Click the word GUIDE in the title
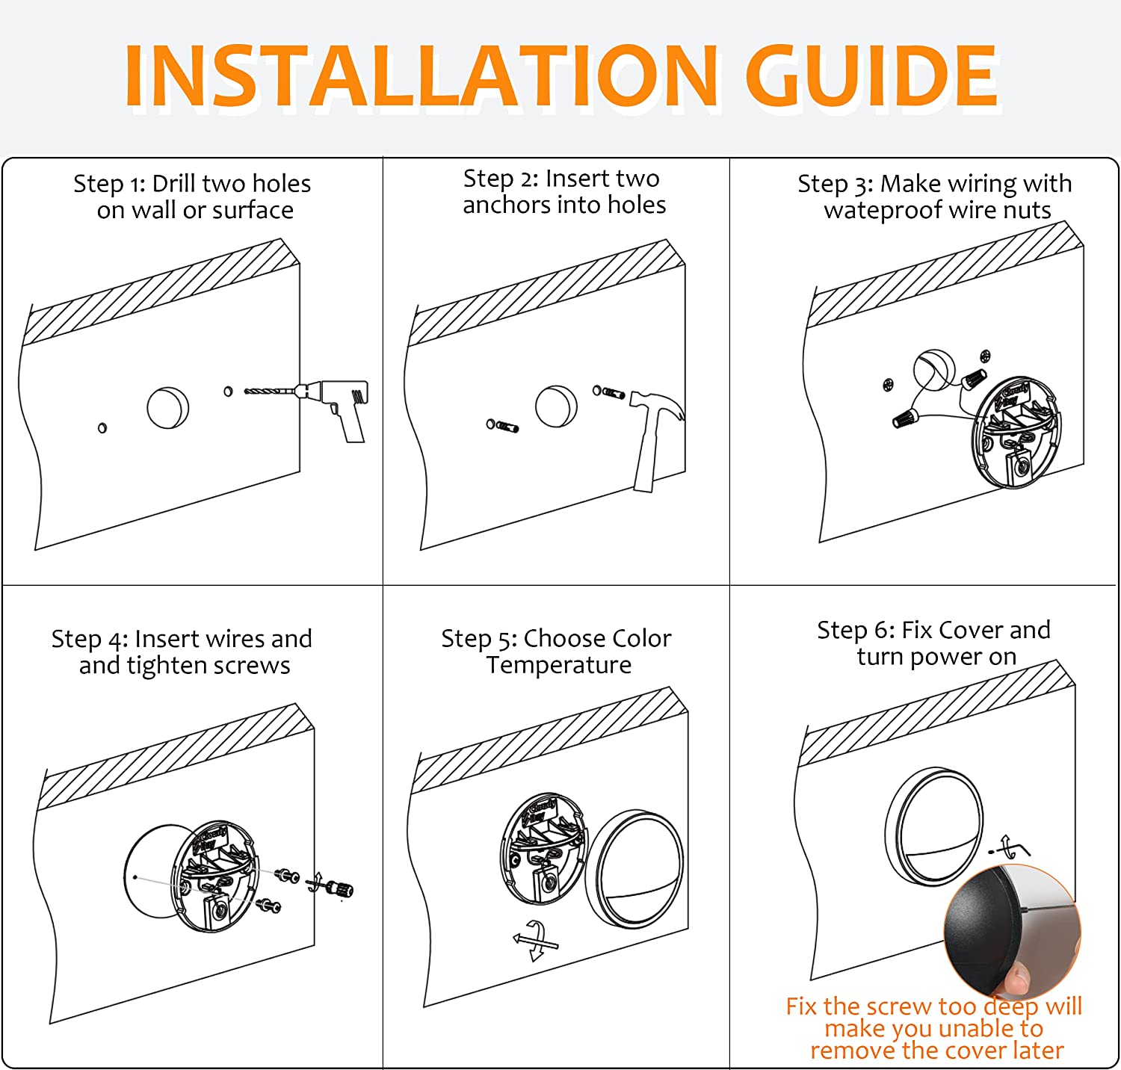pos(872,75)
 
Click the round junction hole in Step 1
pos(168,407)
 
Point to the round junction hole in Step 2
pos(557,406)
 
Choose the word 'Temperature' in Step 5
pos(559,664)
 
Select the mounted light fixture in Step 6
pos(934,826)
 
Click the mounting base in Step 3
pos(1016,433)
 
